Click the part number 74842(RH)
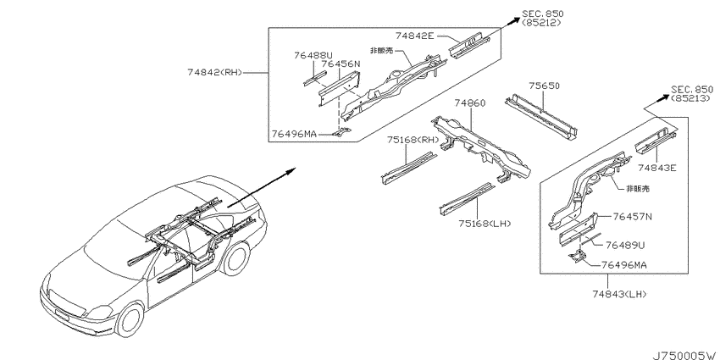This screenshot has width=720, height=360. pos(214,73)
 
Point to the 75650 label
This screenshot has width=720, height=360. pos(544,86)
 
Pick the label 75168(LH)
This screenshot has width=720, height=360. pos(485,224)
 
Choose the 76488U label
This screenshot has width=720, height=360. pos(309,56)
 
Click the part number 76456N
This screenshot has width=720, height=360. pos(341,64)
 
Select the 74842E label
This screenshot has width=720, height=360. pos(414,36)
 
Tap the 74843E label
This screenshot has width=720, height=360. pos(657,169)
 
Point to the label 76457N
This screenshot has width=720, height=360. pos(632,217)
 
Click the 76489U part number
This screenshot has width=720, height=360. pos(625,246)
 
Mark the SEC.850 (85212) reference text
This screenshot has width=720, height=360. pos(542,19)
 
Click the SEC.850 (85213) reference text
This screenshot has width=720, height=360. pos(692,94)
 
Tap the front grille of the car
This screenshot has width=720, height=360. pos(68,303)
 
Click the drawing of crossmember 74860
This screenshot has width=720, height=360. pos(481,147)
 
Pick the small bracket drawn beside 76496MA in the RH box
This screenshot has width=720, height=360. pos(342,132)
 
